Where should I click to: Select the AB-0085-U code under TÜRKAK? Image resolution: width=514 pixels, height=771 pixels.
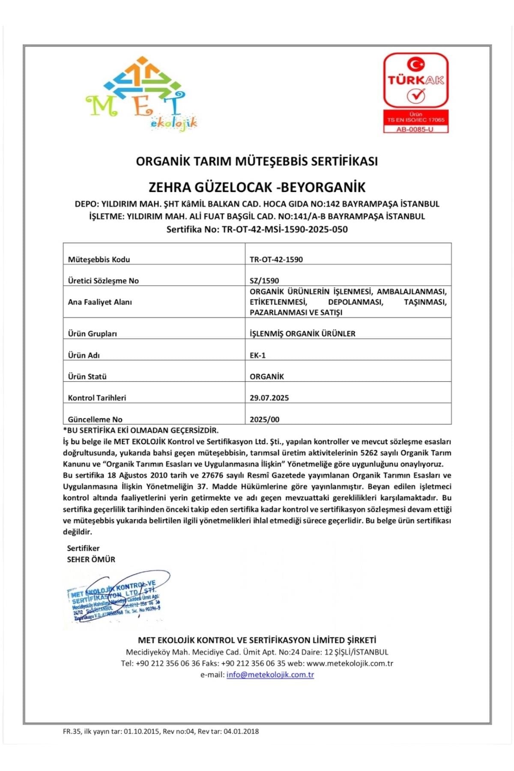415,129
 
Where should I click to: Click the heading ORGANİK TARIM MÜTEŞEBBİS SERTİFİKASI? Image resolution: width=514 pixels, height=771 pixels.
257,161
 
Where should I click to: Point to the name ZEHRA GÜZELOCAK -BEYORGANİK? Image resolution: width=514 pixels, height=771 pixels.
257,187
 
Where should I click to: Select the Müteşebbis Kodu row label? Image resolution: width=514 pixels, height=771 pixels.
99,259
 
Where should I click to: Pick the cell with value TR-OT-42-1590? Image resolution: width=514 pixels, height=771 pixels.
276,259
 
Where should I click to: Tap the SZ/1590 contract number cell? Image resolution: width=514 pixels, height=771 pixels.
264,281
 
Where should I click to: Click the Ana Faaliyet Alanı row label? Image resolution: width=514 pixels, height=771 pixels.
100,302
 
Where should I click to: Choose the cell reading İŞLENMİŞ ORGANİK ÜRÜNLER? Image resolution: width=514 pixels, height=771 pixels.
302,333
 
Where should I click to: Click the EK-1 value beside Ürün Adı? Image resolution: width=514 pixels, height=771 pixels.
258,355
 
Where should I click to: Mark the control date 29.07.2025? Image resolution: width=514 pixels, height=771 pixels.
269,397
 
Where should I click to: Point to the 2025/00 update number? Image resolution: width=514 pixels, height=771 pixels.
265,419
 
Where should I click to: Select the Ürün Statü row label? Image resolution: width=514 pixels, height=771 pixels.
87,377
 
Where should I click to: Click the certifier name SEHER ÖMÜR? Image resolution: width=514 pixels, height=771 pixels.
91,559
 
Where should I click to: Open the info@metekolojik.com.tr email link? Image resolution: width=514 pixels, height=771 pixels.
270,675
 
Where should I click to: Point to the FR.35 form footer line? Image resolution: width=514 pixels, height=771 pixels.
161,732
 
